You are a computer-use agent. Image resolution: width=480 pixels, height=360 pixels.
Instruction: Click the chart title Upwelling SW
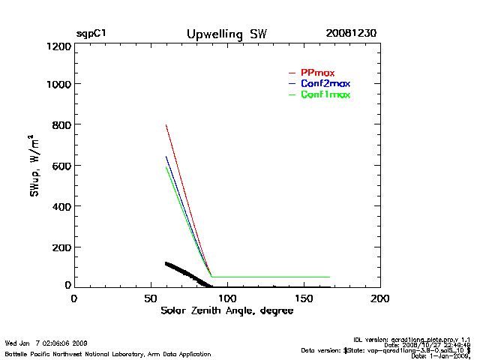pyautogui.click(x=226, y=34)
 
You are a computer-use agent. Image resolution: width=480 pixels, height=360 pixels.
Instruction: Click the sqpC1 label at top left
pyautogui.click(x=91, y=34)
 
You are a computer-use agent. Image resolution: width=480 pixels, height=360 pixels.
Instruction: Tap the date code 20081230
pyautogui.click(x=351, y=34)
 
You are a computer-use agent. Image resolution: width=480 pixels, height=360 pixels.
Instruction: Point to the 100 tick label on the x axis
pyautogui.click(x=227, y=298)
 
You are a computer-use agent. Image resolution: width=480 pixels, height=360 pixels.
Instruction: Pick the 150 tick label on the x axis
pyautogui.click(x=304, y=298)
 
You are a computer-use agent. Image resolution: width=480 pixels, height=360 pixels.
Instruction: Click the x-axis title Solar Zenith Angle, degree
pyautogui.click(x=227, y=310)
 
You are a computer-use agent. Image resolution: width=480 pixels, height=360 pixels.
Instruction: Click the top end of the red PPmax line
pyautogui.click(x=166, y=124)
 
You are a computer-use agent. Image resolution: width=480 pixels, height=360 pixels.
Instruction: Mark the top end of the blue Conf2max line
pyautogui.click(x=166, y=156)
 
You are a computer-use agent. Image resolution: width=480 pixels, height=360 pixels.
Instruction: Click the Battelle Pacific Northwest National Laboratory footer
pyautogui.click(x=108, y=353)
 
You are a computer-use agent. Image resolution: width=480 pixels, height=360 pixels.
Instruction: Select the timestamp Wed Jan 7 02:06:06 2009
pyautogui.click(x=46, y=343)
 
